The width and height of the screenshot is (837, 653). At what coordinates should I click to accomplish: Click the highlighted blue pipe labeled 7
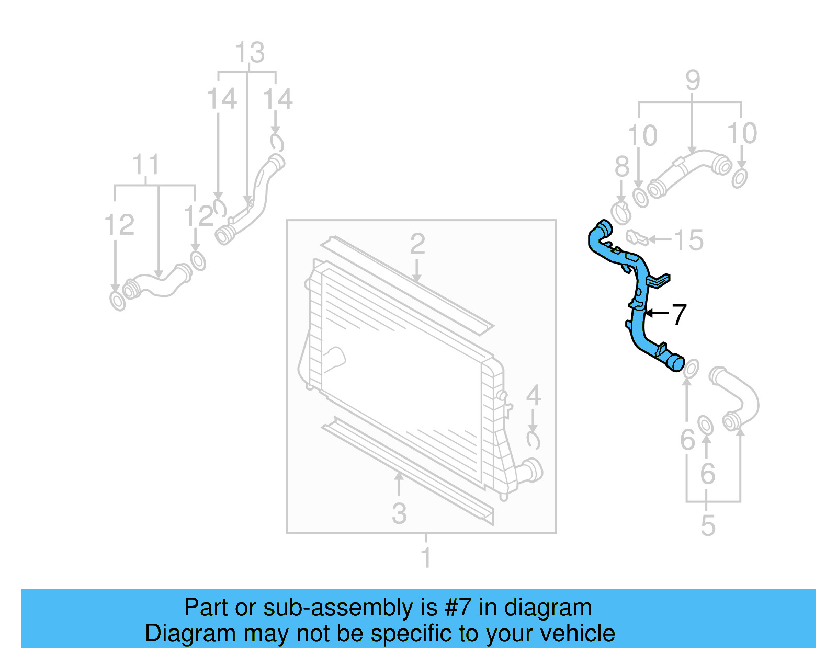click(x=639, y=314)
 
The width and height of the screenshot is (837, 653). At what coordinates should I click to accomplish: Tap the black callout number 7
click(x=678, y=314)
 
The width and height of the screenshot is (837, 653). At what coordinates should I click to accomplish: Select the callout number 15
click(x=688, y=240)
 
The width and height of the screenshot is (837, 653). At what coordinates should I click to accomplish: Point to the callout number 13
click(x=250, y=53)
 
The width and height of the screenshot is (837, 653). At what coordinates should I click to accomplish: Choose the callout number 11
click(x=145, y=165)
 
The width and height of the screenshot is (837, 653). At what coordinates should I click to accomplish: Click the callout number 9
click(x=693, y=81)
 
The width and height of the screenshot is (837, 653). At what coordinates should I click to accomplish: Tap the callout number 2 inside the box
click(x=417, y=244)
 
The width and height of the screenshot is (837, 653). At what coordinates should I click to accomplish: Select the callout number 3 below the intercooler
click(x=399, y=513)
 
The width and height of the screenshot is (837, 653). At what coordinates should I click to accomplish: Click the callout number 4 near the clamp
click(x=533, y=395)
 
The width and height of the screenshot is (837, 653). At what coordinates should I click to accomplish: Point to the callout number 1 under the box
click(x=426, y=557)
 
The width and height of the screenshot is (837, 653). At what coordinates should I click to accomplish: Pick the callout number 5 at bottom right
click(x=707, y=525)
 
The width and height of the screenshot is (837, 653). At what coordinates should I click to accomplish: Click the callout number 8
click(x=621, y=167)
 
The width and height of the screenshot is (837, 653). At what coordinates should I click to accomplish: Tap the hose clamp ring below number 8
click(x=621, y=213)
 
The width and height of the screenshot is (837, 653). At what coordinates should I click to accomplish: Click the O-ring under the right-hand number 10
click(x=739, y=178)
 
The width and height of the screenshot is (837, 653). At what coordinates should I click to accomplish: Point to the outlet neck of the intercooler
click(x=531, y=469)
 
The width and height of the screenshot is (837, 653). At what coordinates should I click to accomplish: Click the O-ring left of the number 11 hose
click(x=118, y=301)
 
